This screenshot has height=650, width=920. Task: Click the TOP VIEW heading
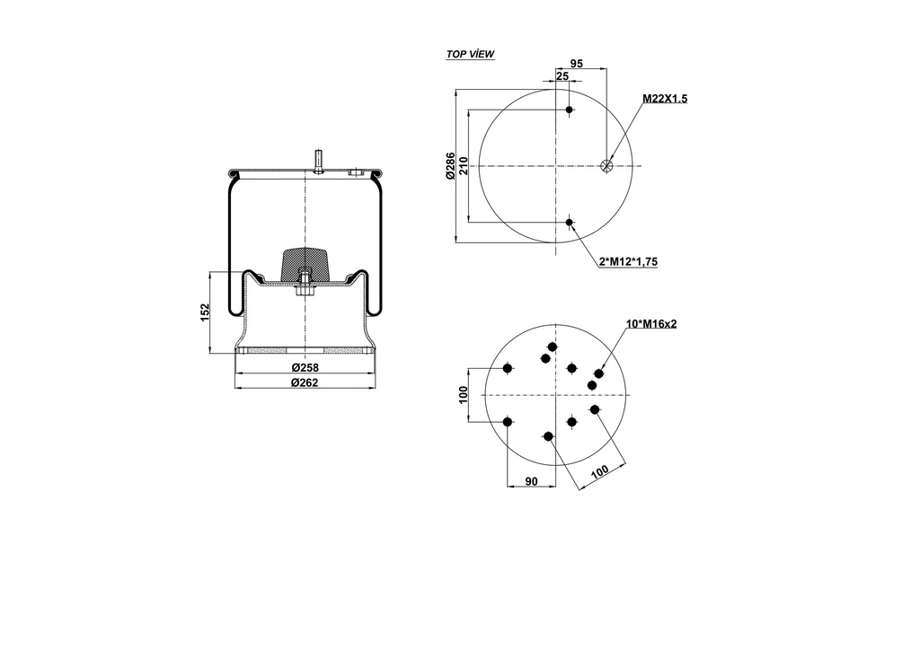470,55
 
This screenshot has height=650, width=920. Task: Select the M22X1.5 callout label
664,99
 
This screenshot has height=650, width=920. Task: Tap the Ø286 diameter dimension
450,166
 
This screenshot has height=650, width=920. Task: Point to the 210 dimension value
464,166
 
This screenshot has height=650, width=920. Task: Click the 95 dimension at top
577,64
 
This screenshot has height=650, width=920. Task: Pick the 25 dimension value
562,77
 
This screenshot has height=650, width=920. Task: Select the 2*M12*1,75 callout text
628,261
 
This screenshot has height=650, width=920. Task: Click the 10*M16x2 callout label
650,323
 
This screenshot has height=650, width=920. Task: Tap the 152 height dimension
205,312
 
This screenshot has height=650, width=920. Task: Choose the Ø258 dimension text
305,368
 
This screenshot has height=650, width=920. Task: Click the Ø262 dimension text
305,382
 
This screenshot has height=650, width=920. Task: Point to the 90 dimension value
531,482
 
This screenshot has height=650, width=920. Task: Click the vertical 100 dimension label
464,395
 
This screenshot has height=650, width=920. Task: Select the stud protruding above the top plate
319,159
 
